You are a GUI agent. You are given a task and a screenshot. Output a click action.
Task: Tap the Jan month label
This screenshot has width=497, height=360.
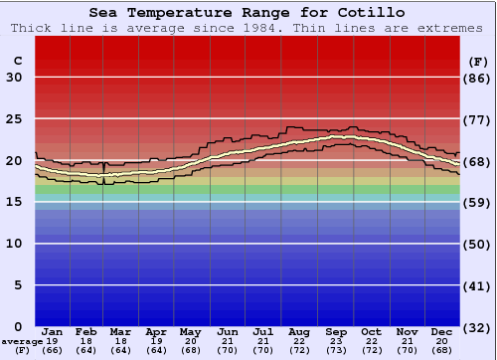click(x=53, y=331)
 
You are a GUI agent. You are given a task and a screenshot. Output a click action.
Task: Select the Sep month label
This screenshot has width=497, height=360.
click(x=336, y=331)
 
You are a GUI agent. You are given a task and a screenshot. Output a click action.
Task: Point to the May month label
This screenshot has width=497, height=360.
click(x=191, y=331)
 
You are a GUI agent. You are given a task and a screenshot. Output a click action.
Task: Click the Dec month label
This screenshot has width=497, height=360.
click(x=442, y=331)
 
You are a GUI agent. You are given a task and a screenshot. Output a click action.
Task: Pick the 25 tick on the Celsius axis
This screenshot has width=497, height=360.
click(x=14, y=119)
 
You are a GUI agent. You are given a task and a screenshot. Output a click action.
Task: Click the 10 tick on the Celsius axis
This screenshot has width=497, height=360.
click(x=14, y=244)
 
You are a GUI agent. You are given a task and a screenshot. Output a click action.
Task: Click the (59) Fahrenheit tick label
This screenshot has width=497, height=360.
click(x=478, y=202)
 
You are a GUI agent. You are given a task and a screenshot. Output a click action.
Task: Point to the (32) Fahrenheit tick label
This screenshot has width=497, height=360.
click(x=478, y=326)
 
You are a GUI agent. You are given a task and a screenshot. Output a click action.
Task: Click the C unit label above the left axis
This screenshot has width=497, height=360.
click(x=17, y=61)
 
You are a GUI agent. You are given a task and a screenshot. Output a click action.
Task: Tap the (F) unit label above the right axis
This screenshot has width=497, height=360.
click(x=478, y=61)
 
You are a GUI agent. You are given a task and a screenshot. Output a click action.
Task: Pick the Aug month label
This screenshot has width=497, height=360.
click(x=299, y=331)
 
